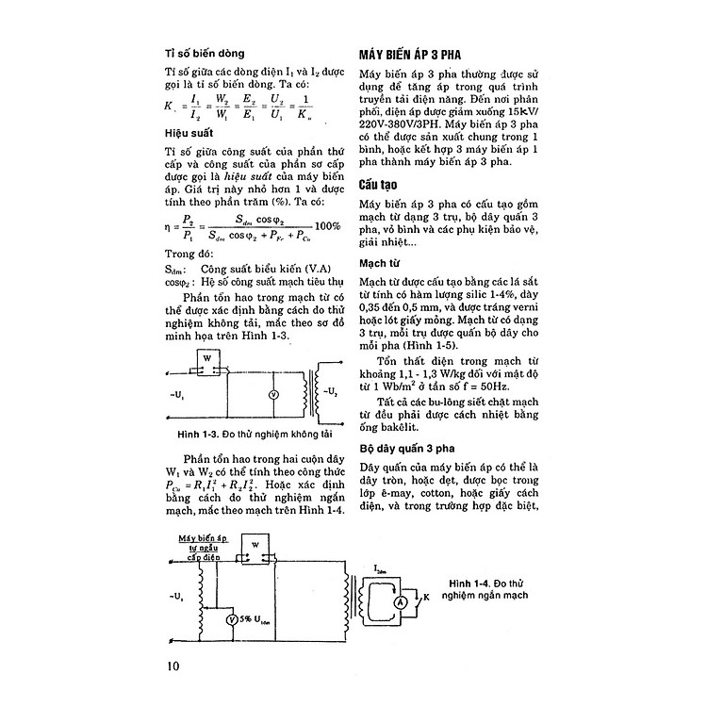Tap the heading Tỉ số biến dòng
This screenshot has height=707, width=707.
coord(205,55)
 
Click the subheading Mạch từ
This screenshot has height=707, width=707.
coord(383,265)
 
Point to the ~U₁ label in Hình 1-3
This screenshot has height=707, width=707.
coord(176,390)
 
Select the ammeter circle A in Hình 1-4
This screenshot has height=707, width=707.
coord(399,600)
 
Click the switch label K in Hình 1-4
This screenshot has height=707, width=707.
coord(426,598)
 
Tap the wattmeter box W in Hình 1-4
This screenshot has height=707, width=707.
coord(254,548)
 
